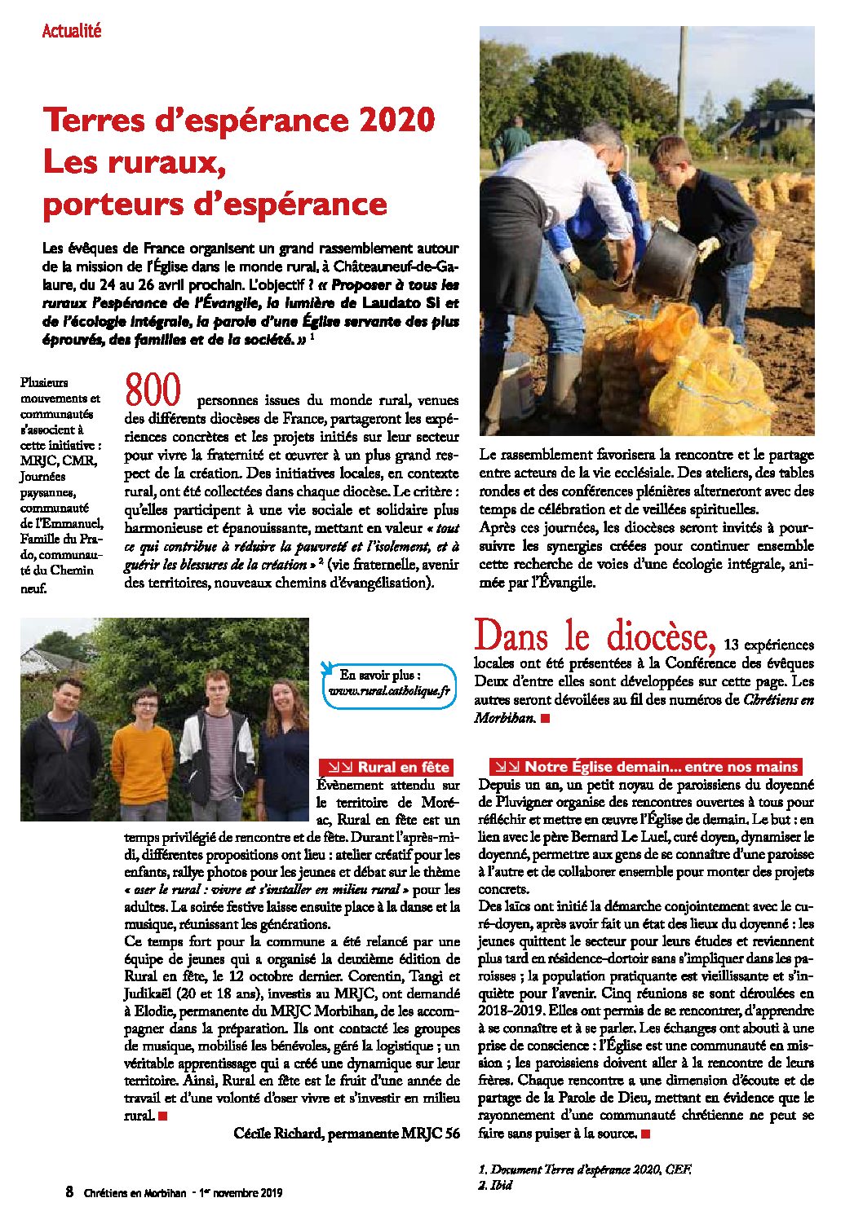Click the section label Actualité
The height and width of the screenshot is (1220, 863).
pyautogui.click(x=72, y=31)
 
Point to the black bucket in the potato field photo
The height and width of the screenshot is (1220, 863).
pyautogui.click(x=666, y=259)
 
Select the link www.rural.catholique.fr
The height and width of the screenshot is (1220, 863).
pyautogui.click(x=389, y=692)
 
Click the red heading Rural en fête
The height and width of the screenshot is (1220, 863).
pyautogui.click(x=387, y=767)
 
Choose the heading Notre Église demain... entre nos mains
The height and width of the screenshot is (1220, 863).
pyautogui.click(x=645, y=767)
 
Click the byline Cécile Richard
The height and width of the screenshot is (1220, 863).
pyautogui.click(x=279, y=1134)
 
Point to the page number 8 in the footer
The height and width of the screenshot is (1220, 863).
pyautogui.click(x=69, y=1192)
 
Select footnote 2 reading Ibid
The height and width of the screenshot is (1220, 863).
pyautogui.click(x=495, y=1185)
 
